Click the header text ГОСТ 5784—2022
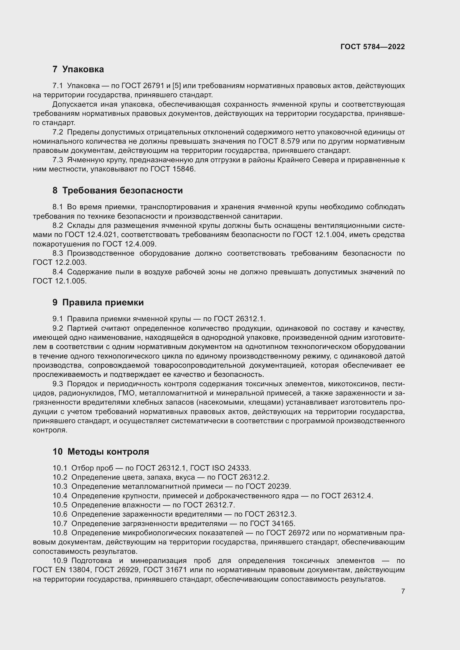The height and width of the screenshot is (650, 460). point(372,47)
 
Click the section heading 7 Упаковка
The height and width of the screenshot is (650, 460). point(78,69)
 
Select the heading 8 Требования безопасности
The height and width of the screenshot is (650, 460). point(118,190)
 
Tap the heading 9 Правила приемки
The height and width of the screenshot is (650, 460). point(98,302)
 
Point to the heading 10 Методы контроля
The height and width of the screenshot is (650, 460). point(101,451)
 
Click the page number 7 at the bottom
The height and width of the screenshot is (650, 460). point(403,591)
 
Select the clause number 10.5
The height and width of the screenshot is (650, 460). point(60,505)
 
